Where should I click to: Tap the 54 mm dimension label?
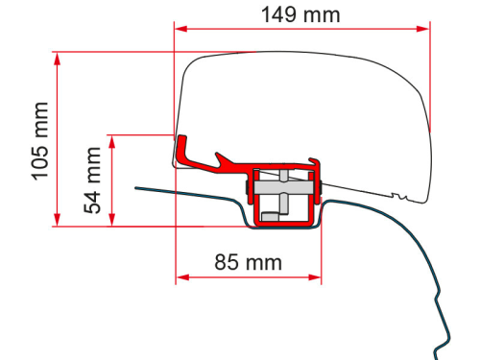point(93,180)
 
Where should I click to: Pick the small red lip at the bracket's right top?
point(312,161)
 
